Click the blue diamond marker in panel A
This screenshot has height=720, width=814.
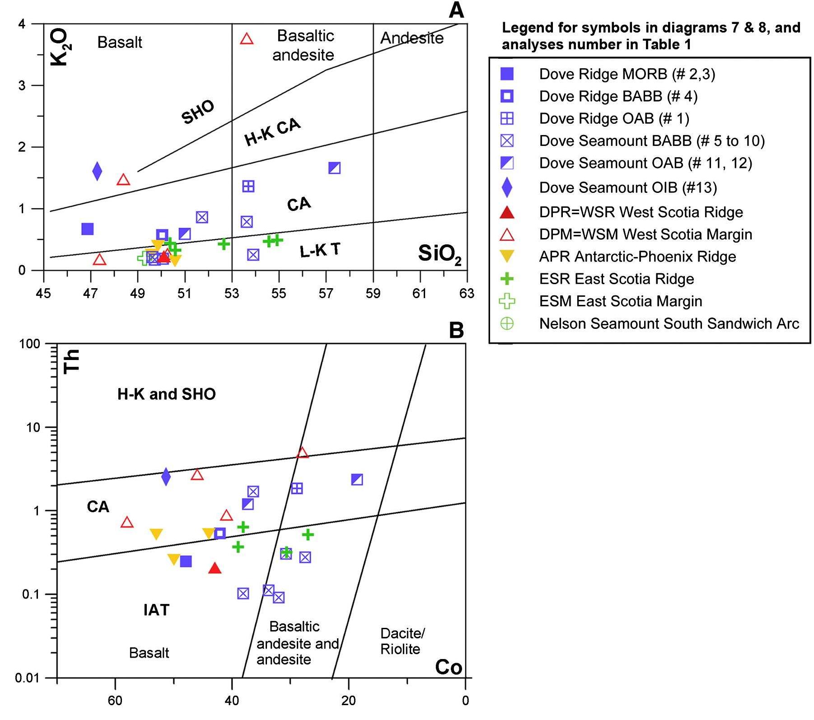pyautogui.click(x=97, y=171)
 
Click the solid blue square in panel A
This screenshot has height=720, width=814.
pyautogui.click(x=88, y=229)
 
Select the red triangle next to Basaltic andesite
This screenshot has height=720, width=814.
pyautogui.click(x=247, y=39)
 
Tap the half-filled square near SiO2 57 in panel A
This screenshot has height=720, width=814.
pyautogui.click(x=334, y=168)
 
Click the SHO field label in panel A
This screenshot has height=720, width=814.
pyautogui.click(x=198, y=112)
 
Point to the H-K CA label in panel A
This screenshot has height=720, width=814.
pyautogui.click(x=272, y=132)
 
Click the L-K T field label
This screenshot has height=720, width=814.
pyautogui.click(x=320, y=250)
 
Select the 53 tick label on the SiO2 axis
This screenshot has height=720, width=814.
pyautogui.click(x=232, y=294)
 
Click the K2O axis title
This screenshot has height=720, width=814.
pyautogui.click(x=59, y=47)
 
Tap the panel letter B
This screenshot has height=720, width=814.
pyautogui.click(x=456, y=330)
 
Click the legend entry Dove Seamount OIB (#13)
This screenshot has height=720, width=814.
pyautogui.click(x=628, y=187)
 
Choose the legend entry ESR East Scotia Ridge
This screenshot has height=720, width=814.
pyautogui.click(x=616, y=279)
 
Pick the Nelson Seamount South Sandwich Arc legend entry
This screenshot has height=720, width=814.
pyautogui.click(x=669, y=323)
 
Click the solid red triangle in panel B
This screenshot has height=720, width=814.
pyautogui.click(x=215, y=568)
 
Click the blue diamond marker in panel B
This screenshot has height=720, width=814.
pyautogui.click(x=166, y=477)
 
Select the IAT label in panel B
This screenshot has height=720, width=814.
pyautogui.click(x=156, y=610)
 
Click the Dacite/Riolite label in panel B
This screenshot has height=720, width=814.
pyautogui.click(x=402, y=641)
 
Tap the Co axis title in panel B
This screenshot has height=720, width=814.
pyautogui.click(x=449, y=667)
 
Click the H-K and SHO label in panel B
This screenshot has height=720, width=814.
pyautogui.click(x=166, y=394)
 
